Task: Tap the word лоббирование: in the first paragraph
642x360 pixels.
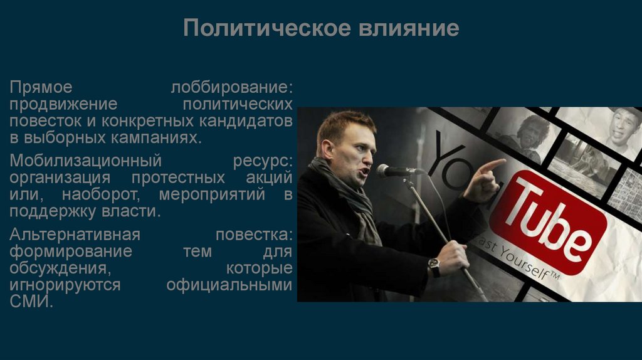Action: (232, 86)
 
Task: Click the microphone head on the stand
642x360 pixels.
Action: (392, 170)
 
